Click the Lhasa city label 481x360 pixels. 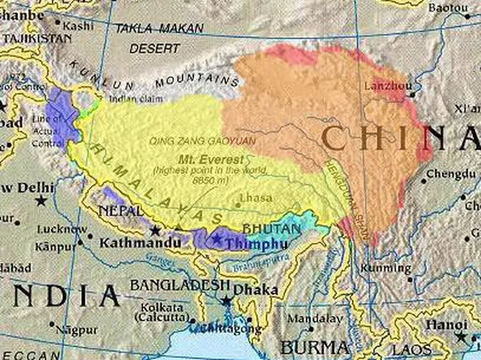click(256, 197)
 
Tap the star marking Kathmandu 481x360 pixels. click(155, 230)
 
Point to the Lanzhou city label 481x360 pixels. click(385, 85)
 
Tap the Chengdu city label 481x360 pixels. click(452, 175)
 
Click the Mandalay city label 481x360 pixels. click(314, 319)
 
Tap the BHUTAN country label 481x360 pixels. click(271, 229)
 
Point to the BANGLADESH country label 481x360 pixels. click(180, 284)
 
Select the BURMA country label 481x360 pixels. click(314, 347)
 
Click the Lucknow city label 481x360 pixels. click(62, 229)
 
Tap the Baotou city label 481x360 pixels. click(448, 7)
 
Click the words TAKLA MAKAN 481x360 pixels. click(159, 28)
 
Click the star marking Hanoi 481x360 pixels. click(461, 337)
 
